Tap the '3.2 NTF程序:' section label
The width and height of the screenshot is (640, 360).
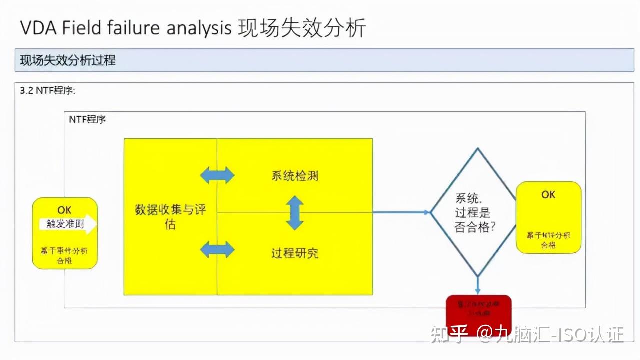(47, 91)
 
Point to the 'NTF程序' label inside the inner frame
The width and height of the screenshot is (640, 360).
(87, 120)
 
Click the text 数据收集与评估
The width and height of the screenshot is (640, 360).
(170, 216)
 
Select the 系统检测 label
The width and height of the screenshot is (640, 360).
(295, 176)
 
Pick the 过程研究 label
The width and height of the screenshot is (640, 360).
(295, 253)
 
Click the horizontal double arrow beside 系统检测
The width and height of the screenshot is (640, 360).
(217, 175)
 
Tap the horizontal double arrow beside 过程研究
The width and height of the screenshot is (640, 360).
(217, 249)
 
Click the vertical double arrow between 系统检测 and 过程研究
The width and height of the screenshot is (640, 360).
(295, 213)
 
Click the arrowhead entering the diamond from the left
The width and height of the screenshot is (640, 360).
(427, 212)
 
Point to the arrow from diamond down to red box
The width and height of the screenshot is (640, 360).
(478, 285)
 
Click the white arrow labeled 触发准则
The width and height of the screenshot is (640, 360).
(68, 225)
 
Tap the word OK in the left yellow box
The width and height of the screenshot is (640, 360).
(64, 210)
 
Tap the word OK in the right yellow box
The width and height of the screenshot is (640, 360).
(548, 194)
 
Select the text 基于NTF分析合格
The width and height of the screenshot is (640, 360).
(548, 240)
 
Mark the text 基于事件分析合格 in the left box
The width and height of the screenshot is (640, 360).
(65, 255)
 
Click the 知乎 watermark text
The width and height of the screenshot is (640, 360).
(449, 334)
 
